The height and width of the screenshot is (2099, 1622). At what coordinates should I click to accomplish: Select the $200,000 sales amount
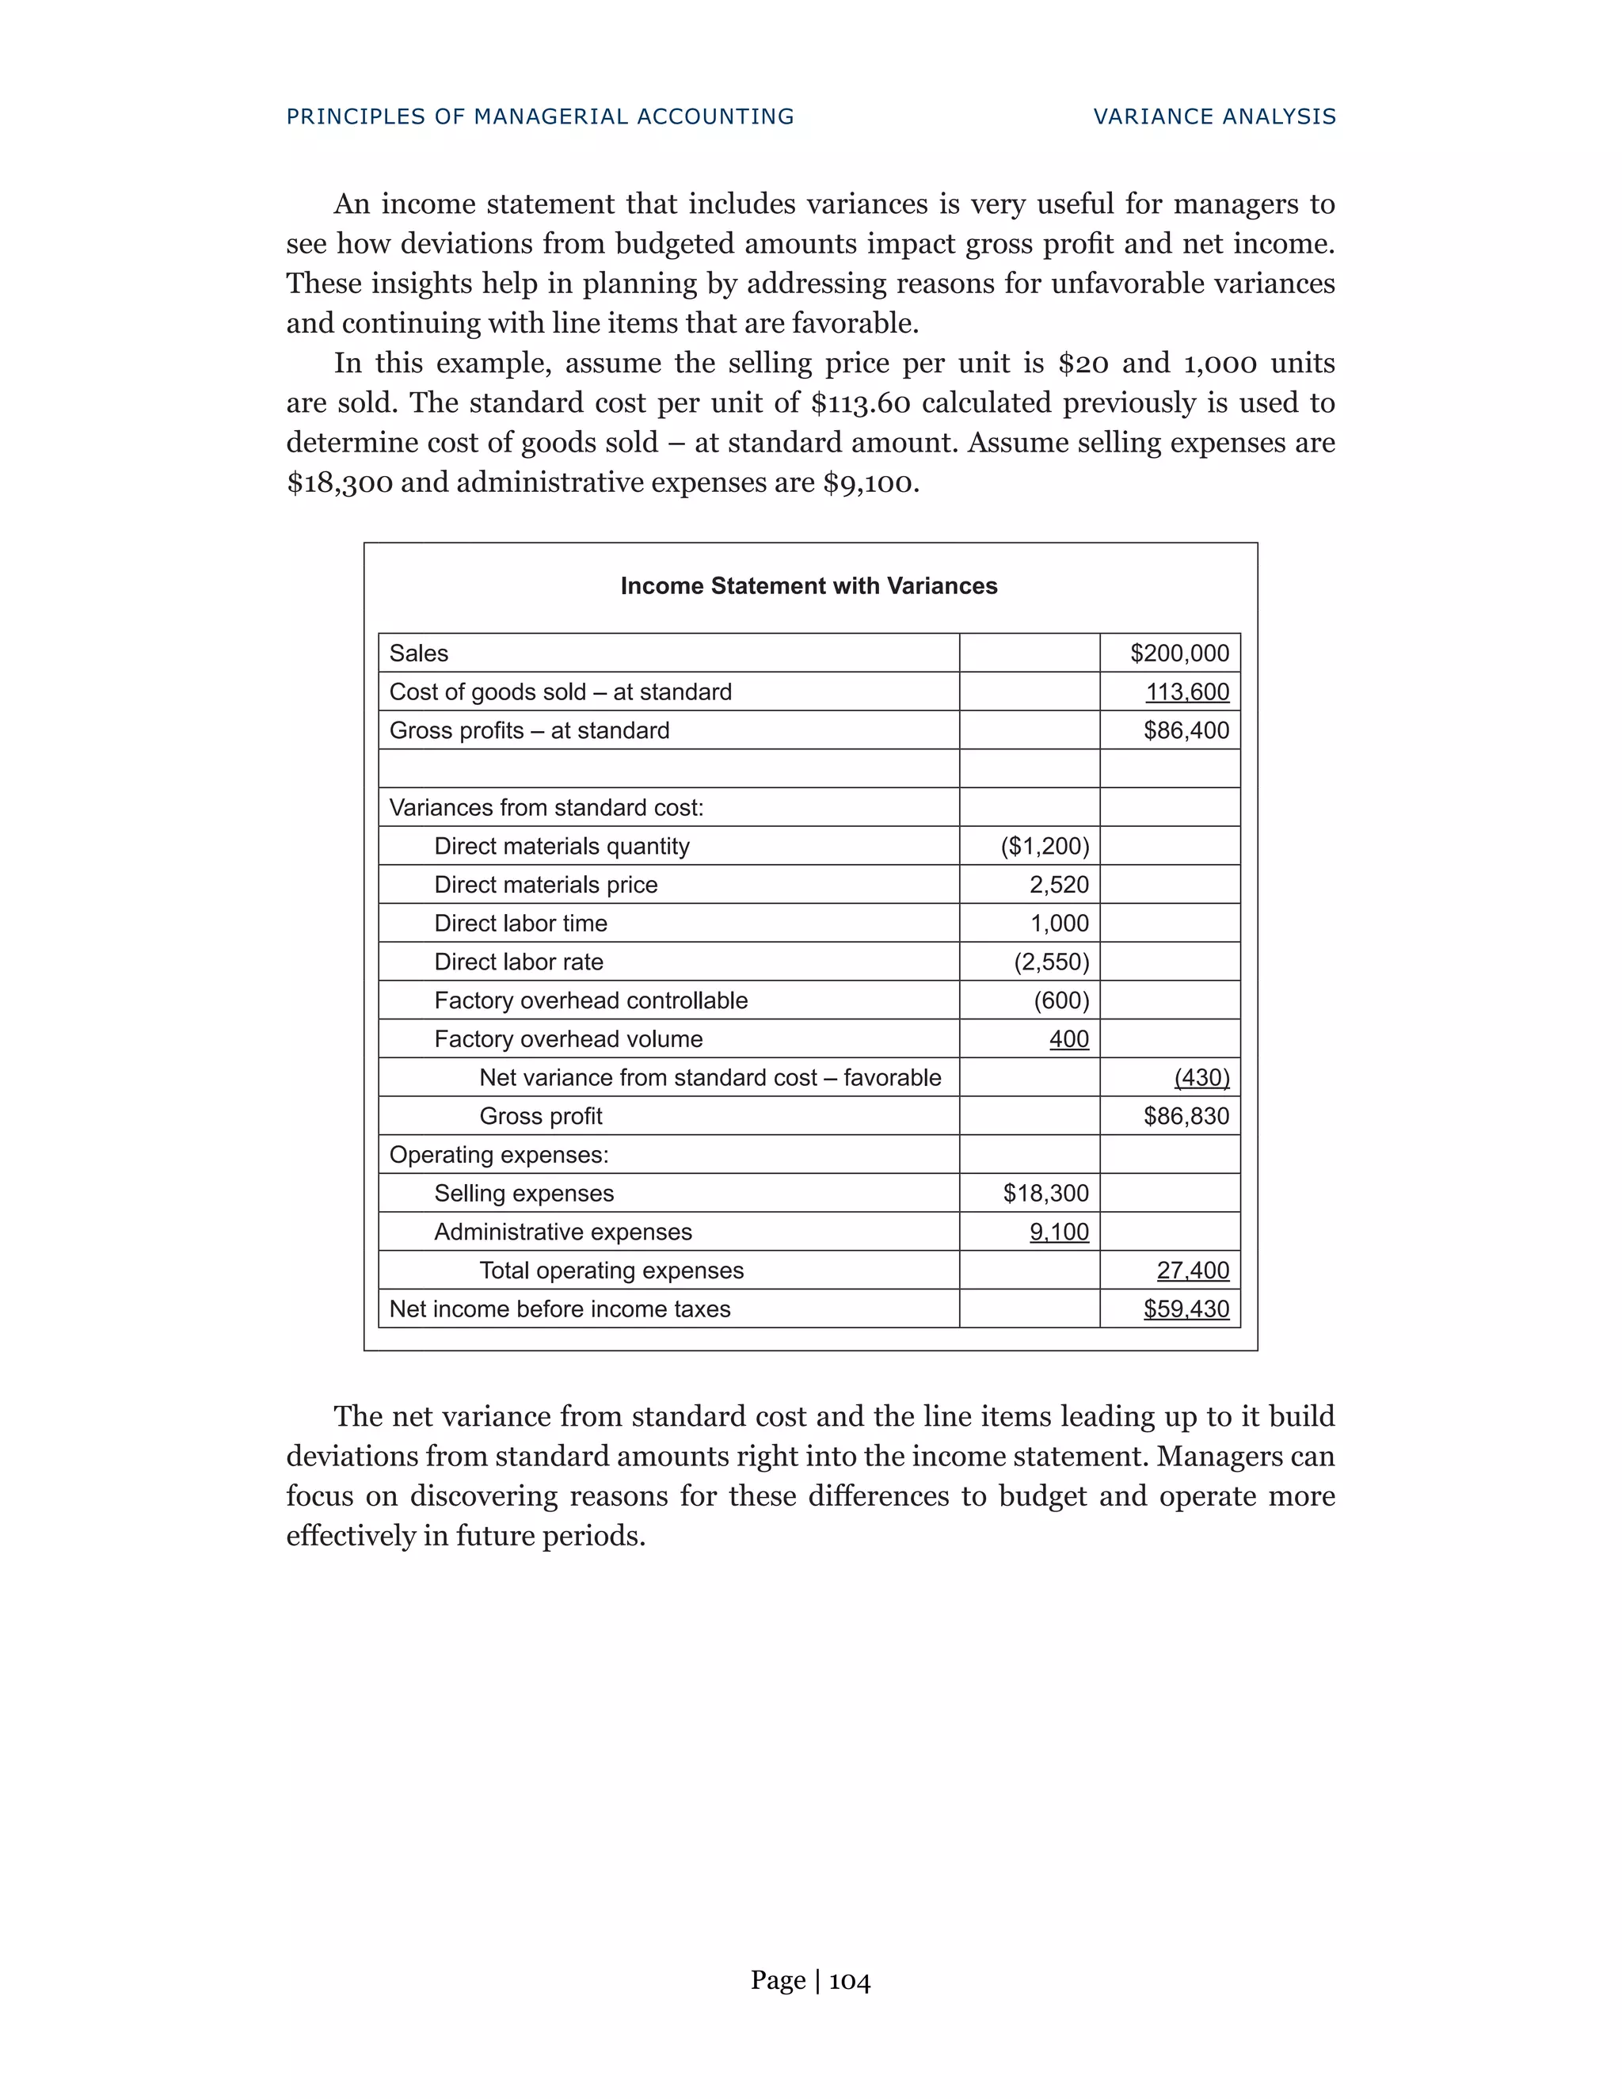pos(1179,653)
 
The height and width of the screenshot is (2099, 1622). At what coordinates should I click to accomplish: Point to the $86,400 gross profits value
pos(1186,730)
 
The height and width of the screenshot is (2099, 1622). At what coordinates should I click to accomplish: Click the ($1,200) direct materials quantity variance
pos(1045,846)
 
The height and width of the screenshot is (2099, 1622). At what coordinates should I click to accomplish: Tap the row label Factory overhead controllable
pos(590,1000)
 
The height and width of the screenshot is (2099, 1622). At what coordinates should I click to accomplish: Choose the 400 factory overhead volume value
pos(1068,1039)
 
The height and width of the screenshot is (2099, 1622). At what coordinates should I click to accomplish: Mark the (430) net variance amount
pos(1201,1077)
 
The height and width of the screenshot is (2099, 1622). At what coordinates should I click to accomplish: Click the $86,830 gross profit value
pos(1186,1116)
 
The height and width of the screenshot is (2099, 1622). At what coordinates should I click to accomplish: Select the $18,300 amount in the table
pos(1045,1194)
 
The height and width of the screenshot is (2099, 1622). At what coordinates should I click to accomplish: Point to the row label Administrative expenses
pos(562,1232)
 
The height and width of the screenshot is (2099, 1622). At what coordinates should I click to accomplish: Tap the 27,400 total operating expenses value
pos(1193,1270)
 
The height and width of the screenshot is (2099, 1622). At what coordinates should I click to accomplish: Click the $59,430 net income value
pos(1186,1309)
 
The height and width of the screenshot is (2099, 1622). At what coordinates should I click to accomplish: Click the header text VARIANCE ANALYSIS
pos(1215,117)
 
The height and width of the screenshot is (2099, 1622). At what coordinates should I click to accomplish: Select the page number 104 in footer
pos(850,1981)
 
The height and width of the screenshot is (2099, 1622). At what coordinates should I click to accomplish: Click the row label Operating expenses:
pos(499,1154)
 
